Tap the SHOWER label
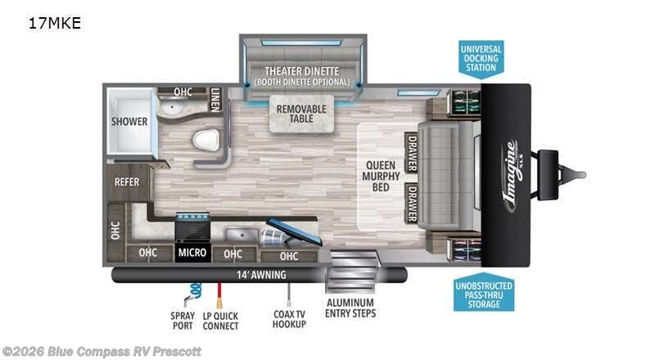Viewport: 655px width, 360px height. pyautogui.click(x=129, y=122)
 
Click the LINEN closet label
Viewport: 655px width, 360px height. pyautogui.click(x=215, y=99)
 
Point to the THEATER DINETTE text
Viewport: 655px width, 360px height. pyautogui.click(x=301, y=70)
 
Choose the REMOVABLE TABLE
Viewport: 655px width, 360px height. pyautogui.click(x=301, y=115)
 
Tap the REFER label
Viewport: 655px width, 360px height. pyautogui.click(x=126, y=182)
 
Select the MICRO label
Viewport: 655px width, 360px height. pyautogui.click(x=192, y=253)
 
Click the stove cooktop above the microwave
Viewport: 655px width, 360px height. pyautogui.click(x=192, y=224)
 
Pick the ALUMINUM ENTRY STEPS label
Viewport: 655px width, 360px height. pyautogui.click(x=350, y=307)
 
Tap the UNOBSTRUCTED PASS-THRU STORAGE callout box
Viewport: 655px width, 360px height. pyautogui.click(x=484, y=293)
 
